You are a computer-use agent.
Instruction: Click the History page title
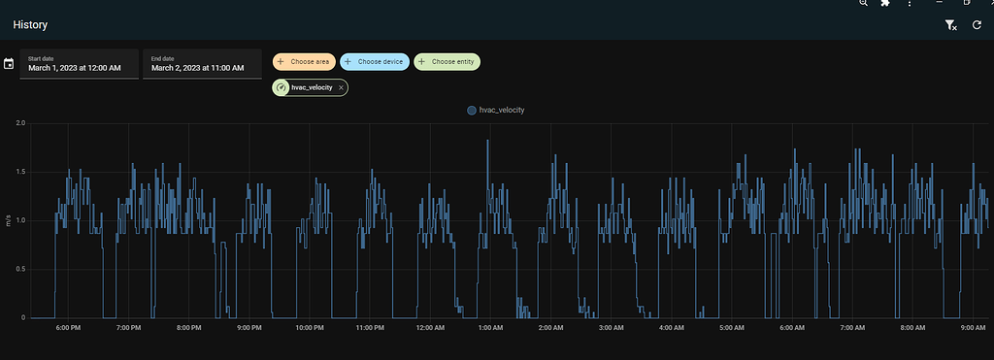click(x=30, y=25)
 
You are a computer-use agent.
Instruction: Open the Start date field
click(x=79, y=64)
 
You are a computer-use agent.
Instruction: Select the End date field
click(x=202, y=64)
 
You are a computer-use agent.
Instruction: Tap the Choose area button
click(x=304, y=62)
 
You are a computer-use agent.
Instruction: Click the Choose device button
click(x=374, y=62)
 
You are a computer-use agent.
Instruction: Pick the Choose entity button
click(x=447, y=62)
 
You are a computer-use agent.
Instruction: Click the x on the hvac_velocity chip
click(x=342, y=87)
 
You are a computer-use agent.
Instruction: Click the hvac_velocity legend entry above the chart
click(x=496, y=111)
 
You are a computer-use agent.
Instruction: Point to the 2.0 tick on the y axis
click(x=19, y=123)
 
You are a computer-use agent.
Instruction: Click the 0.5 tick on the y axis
click(x=19, y=269)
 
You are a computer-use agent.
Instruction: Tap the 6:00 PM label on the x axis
click(x=68, y=328)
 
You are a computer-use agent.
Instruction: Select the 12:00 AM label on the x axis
click(x=430, y=328)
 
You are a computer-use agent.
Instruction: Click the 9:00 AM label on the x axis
click(x=974, y=328)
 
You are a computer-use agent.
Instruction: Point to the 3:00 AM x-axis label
click(x=612, y=328)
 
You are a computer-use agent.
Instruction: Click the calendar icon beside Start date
click(x=9, y=64)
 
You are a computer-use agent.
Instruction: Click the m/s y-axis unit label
click(x=9, y=220)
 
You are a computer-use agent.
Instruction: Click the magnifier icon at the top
click(x=863, y=4)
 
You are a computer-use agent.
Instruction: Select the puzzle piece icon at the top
click(x=885, y=4)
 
